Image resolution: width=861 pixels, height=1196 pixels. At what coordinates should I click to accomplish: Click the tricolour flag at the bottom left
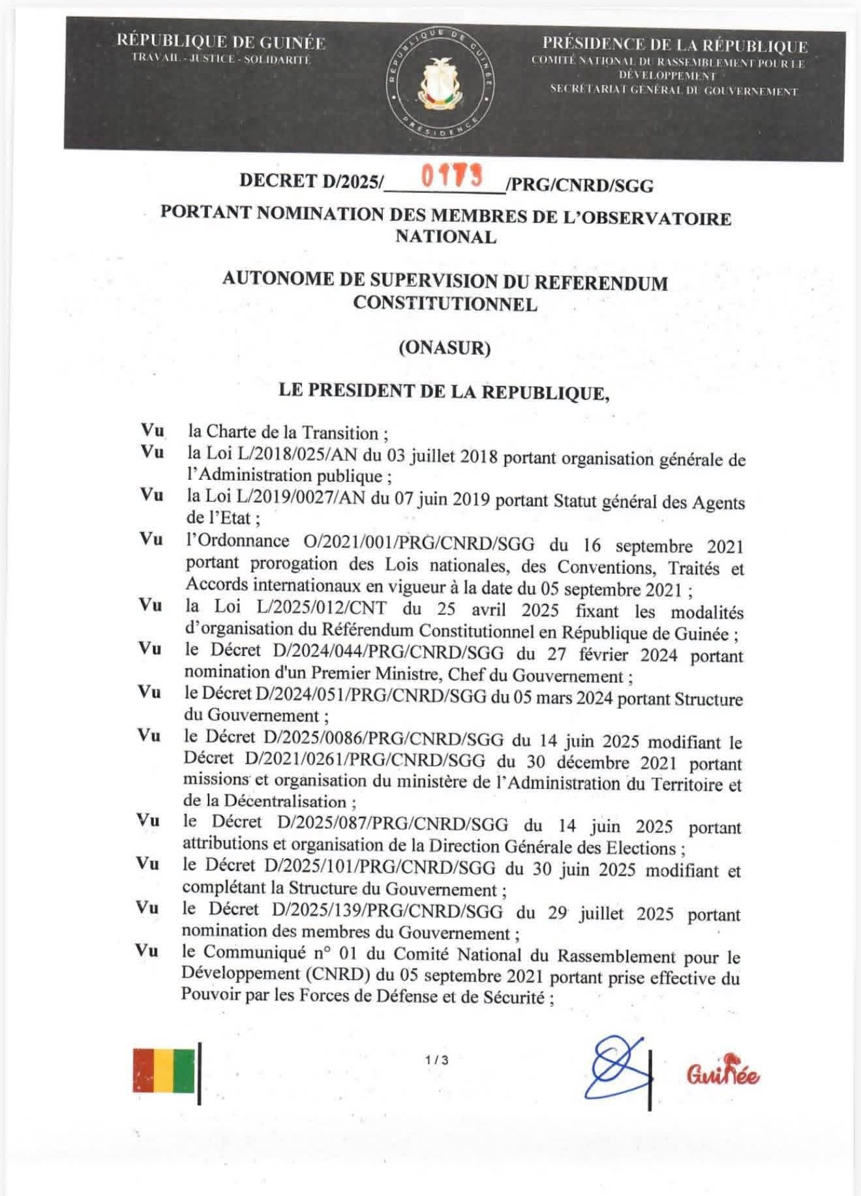pos(163,1071)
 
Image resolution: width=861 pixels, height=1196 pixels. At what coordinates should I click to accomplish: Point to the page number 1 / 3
pos(436,1060)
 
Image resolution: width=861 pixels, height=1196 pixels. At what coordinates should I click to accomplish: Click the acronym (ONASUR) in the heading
pos(444,348)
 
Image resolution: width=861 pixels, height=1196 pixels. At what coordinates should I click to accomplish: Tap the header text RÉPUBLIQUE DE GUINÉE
pos(220,43)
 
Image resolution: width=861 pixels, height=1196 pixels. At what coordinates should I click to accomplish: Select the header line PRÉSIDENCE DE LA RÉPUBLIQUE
pos(674,46)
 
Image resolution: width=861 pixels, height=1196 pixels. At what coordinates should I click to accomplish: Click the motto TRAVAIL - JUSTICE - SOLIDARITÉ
pos(221,59)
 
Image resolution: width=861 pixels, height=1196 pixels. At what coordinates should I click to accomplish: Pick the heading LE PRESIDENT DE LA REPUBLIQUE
pos(444,391)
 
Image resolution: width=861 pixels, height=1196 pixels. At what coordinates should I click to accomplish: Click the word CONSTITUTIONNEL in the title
pos(445,304)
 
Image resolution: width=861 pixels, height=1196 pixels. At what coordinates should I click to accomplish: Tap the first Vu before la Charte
pos(152,431)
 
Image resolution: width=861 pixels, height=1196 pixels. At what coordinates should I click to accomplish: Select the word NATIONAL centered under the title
pos(446,236)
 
